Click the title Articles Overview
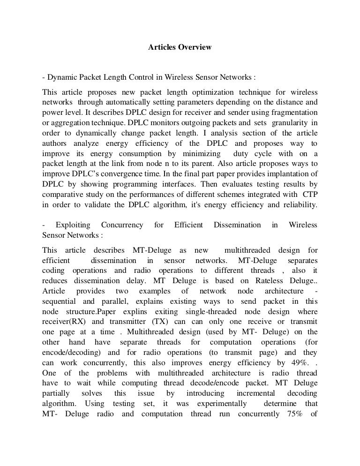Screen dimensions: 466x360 (180, 47)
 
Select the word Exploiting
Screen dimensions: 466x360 (74, 225)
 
